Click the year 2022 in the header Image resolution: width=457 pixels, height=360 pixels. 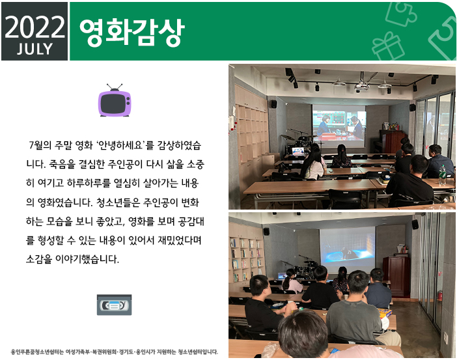(x=35, y=27)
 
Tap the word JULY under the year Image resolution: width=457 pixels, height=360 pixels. (x=35, y=49)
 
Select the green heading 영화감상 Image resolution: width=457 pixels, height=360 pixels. (x=132, y=32)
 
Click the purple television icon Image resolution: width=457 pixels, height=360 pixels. (x=115, y=100)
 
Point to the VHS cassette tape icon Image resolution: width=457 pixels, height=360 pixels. (x=115, y=305)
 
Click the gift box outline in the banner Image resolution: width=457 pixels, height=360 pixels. (x=387, y=47)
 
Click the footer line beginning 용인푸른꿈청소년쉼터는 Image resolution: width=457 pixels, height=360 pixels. (x=115, y=352)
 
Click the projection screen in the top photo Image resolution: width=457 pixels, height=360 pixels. (x=339, y=126)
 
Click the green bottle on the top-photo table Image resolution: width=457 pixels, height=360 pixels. (x=442, y=175)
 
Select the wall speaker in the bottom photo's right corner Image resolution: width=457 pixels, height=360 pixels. (x=415, y=224)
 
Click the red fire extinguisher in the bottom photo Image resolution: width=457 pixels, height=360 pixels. (x=440, y=296)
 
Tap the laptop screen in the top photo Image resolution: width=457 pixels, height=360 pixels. (x=298, y=151)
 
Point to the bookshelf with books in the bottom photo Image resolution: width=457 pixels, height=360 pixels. (x=246, y=258)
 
